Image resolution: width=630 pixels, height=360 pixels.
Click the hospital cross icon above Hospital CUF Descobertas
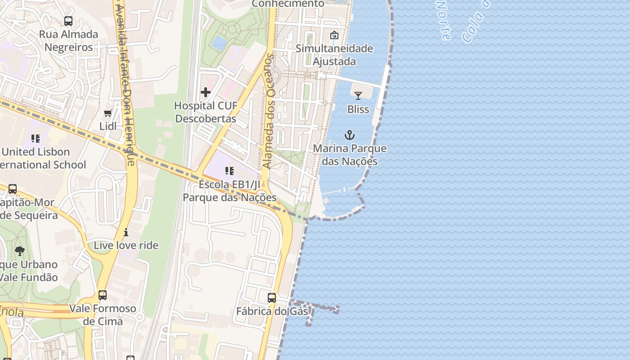click(206, 93)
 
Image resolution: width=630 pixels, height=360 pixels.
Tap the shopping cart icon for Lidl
click(108, 113)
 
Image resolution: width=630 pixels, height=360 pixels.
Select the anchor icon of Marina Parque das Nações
click(350, 135)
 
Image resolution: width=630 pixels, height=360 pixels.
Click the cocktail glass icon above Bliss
click(358, 96)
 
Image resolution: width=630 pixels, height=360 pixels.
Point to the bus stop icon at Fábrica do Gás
click(272, 298)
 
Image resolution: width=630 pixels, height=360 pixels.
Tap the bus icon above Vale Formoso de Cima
click(103, 295)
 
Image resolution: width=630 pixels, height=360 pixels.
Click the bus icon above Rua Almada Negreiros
click(68, 21)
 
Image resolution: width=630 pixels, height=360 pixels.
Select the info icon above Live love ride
click(126, 232)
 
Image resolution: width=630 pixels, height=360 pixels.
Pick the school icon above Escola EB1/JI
click(229, 171)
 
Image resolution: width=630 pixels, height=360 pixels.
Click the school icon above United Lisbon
click(36, 139)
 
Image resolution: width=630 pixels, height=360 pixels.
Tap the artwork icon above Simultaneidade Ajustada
click(334, 35)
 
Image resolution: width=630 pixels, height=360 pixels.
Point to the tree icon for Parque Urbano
click(19, 251)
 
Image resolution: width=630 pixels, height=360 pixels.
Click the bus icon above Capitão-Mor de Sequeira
click(13, 189)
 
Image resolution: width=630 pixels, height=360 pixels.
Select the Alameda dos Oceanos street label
click(269, 112)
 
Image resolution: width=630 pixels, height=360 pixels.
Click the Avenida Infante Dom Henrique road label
click(125, 85)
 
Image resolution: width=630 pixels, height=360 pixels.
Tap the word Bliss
click(358, 109)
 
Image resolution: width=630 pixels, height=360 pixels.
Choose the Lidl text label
click(108, 126)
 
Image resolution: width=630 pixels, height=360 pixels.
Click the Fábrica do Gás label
click(272, 311)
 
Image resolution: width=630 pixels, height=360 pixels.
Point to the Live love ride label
click(126, 245)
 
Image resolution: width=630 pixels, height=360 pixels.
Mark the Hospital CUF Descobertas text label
click(206, 112)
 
